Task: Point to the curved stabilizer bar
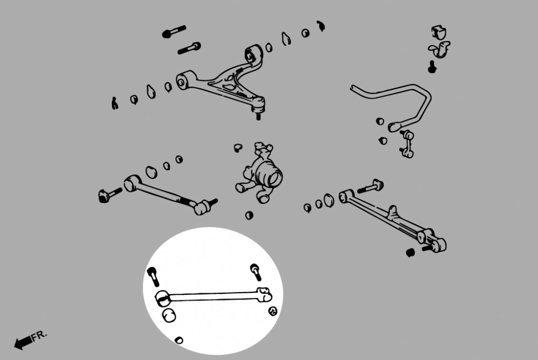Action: (x=398, y=97)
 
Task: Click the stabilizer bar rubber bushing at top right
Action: (x=440, y=33)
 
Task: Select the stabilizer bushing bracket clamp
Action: (x=440, y=50)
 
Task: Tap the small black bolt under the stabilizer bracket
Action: (x=431, y=67)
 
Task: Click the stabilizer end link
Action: (x=407, y=143)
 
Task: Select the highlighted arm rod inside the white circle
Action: (x=215, y=295)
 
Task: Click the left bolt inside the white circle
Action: (x=153, y=276)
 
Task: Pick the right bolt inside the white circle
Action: (x=256, y=271)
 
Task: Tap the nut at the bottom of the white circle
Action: (x=179, y=340)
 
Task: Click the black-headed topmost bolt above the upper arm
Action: (x=174, y=32)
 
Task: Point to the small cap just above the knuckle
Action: (x=238, y=148)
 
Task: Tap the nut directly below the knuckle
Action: (x=249, y=215)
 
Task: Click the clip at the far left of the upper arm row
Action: (x=115, y=103)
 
